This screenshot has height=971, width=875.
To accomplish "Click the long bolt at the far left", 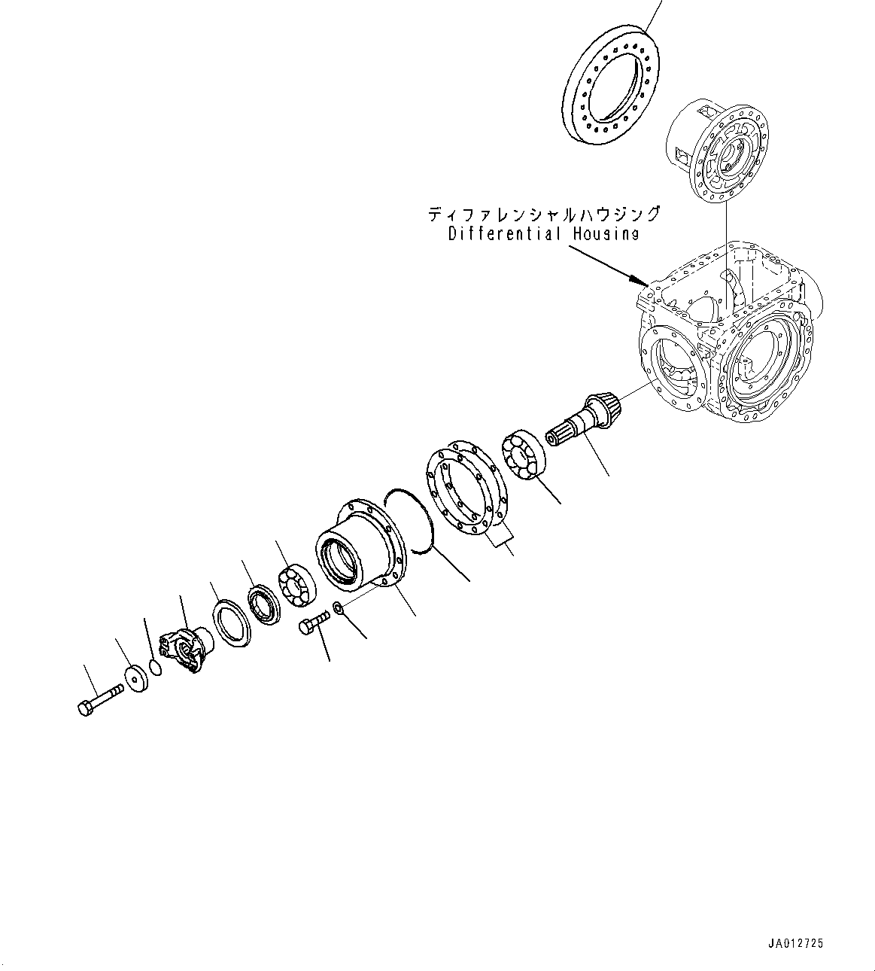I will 98,697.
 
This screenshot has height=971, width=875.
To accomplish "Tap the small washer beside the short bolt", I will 339,607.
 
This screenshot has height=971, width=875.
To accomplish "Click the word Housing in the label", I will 605,234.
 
